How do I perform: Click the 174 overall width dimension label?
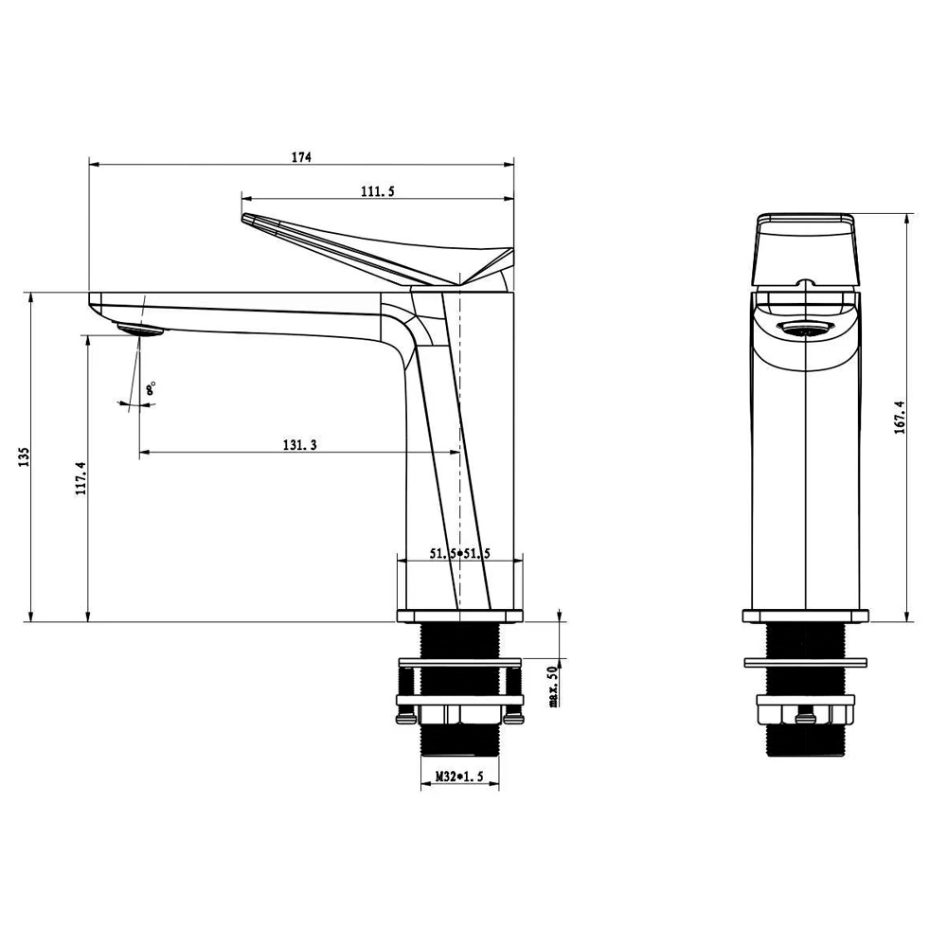click(301, 157)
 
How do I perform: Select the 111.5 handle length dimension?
click(378, 191)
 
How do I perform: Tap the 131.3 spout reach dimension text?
click(299, 445)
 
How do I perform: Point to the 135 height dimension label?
click(24, 456)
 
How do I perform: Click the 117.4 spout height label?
click(80, 478)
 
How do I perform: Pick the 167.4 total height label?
click(900, 418)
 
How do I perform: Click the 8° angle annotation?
click(151, 387)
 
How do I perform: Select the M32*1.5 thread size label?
click(459, 777)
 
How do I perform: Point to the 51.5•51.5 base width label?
click(459, 553)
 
